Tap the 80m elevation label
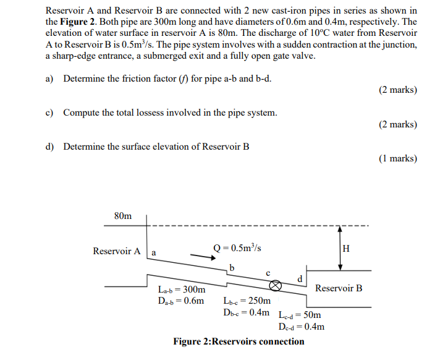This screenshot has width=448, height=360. (x=123, y=216)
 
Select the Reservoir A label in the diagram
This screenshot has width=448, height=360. (x=116, y=251)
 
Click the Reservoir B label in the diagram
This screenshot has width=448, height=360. (x=339, y=288)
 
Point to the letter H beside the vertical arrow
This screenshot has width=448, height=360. (x=345, y=249)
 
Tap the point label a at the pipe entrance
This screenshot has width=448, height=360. (x=154, y=252)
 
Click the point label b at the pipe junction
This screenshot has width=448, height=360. (x=232, y=267)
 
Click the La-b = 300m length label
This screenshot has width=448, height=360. (x=182, y=289)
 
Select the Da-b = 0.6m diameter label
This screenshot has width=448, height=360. (x=181, y=301)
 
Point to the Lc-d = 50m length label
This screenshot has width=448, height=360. (x=300, y=314)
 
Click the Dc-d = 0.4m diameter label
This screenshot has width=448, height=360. (x=302, y=326)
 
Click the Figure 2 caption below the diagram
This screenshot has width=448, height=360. (x=239, y=341)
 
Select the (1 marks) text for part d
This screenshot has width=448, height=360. (x=397, y=158)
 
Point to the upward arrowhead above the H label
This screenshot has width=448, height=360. (x=340, y=229)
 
